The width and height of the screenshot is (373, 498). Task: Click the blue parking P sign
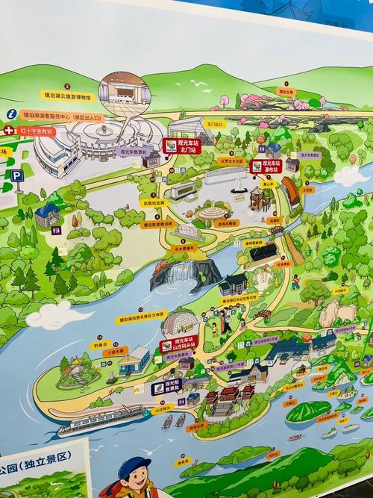click(17, 176)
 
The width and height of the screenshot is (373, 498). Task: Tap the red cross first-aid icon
click(9, 130)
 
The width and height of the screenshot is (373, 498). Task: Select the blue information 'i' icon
click(11, 113)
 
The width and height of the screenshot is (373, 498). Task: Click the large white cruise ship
click(101, 420)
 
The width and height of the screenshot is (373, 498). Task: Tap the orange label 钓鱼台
click(101, 345)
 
